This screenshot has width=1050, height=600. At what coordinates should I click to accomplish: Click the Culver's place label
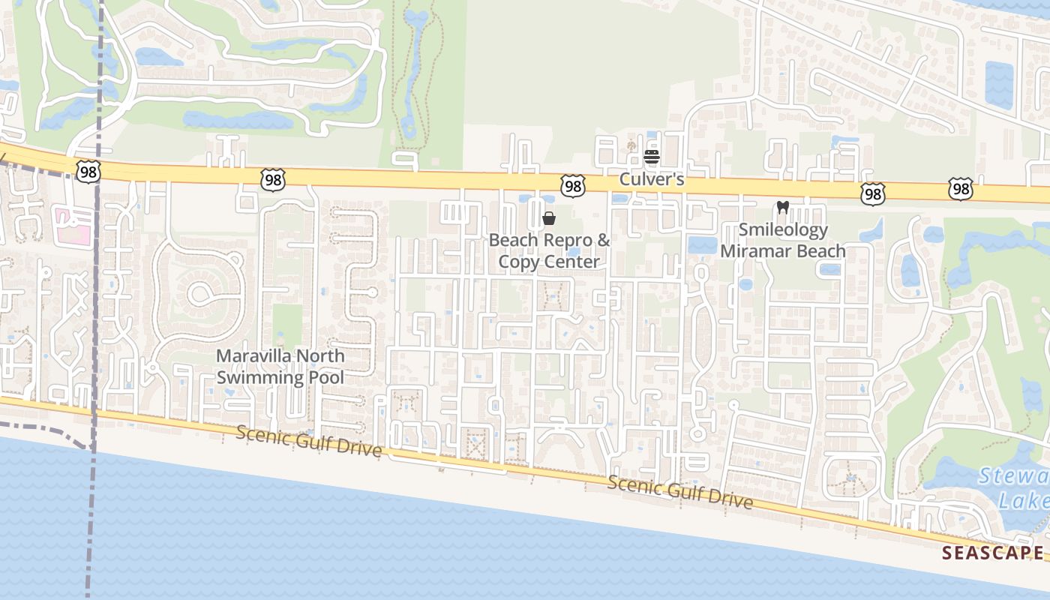(x=651, y=180)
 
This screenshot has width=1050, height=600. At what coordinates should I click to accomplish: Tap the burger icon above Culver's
(x=651, y=157)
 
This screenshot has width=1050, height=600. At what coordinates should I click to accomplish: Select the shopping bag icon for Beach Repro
(x=549, y=218)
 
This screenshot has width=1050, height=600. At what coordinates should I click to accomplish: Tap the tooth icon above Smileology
(x=782, y=208)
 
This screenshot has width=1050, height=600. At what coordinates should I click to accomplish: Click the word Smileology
(x=783, y=230)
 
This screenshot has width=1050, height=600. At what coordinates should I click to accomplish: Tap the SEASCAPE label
(x=992, y=553)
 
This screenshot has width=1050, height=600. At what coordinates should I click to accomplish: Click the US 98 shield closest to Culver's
(x=572, y=186)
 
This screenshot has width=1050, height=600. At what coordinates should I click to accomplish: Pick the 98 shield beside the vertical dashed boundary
(x=88, y=172)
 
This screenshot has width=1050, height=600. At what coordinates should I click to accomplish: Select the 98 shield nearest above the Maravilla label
(x=273, y=178)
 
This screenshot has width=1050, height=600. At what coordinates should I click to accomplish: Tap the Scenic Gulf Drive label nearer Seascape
(x=679, y=492)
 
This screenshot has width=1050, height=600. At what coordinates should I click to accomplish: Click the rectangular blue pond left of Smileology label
(x=702, y=245)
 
